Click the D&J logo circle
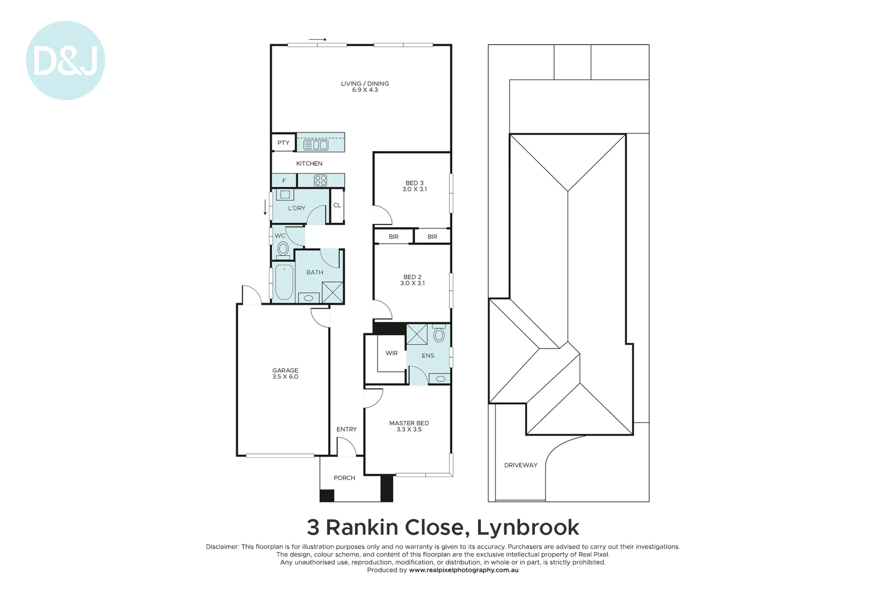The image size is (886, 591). pos(65,61)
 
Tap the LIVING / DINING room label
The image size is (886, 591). pos(365,84)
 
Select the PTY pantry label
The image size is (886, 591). pos(283,143)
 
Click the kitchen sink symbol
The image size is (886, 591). pos(316,145)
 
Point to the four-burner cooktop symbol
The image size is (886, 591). pos(320,180)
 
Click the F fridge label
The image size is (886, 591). pos(284,181)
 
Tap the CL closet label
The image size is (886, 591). pos(337,206)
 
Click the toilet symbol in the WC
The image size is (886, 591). pos(283,249)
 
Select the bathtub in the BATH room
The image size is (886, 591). pos(284,282)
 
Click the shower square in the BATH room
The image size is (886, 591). pos(333,292)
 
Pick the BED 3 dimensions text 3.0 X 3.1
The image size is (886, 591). pos(415,189)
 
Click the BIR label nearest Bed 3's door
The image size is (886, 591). pos(393,237)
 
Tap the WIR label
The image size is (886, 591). pos(392,354)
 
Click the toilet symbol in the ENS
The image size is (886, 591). pos(439,334)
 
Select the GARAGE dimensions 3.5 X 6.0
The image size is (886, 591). pos(285,377)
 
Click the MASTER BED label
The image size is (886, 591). pos(409,423)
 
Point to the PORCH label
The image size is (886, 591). pos(344,478)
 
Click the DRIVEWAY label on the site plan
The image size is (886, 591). pos(521,465)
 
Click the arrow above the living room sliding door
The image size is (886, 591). pos(317,39)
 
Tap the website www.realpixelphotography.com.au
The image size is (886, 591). pos(463,570)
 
